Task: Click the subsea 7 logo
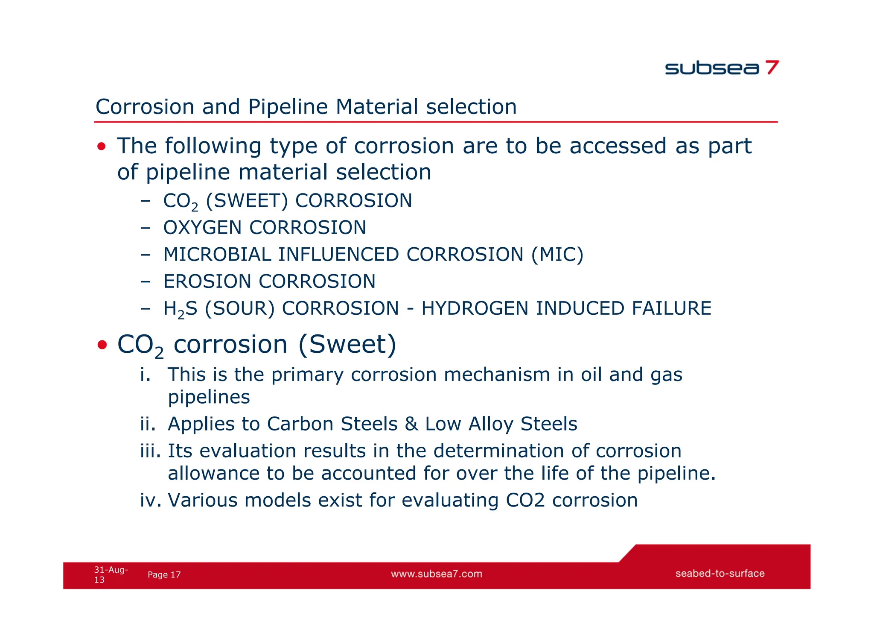(721, 68)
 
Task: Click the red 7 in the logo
(772, 67)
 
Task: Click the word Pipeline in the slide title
(288, 107)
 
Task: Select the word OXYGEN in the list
(202, 228)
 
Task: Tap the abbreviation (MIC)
(557, 255)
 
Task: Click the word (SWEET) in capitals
(247, 201)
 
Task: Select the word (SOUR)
(239, 308)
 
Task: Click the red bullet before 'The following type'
(101, 147)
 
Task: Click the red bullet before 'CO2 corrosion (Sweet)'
(102, 345)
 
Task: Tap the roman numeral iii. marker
(150, 451)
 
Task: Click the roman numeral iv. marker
(150, 500)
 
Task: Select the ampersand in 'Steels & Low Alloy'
(411, 424)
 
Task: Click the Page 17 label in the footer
(164, 575)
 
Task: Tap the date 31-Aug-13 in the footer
(110, 574)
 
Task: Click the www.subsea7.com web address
(436, 574)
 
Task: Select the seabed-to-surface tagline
(720, 574)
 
